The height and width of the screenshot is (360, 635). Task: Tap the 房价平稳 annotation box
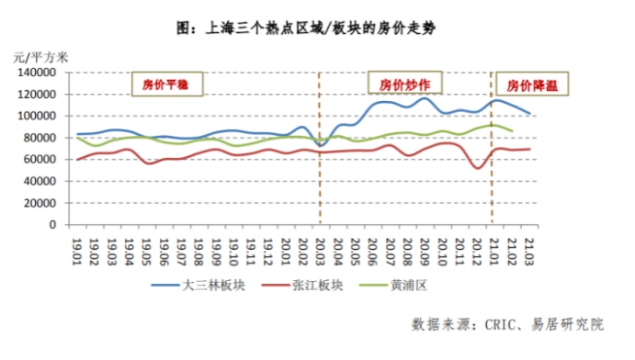click(x=165, y=84)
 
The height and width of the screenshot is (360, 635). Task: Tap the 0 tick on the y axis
click(x=62, y=224)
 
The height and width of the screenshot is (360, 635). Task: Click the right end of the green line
click(x=512, y=131)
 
